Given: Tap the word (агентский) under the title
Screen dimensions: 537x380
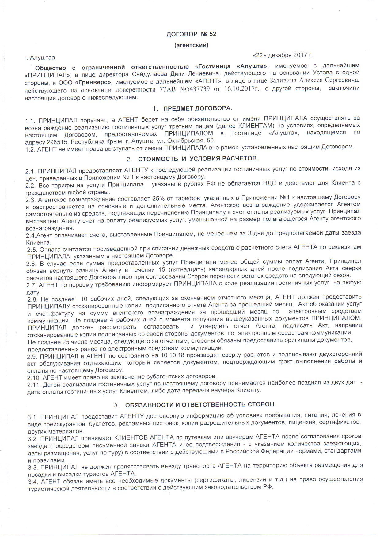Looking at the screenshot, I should point(191,45).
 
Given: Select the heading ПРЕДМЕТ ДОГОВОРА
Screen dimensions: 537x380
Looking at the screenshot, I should point(198,108).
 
